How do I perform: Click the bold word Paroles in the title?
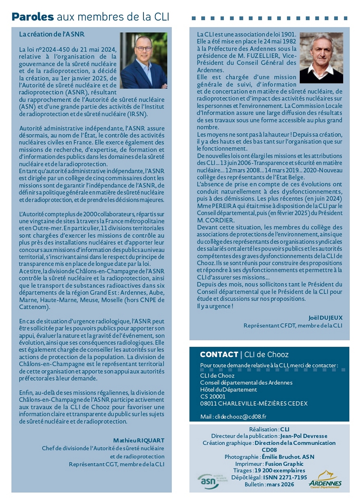pyautogui.click(x=33, y=17)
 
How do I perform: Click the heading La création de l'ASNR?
pyautogui.click(x=52, y=34)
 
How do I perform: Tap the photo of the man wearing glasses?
pyautogui.click(x=143, y=60)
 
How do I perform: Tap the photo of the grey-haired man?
pyautogui.click(x=321, y=57)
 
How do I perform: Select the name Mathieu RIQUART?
pyautogui.click(x=139, y=441)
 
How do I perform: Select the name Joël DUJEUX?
pyautogui.click(x=325, y=318)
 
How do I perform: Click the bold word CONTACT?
pyautogui.click(x=219, y=355)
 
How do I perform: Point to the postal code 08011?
pyautogui.click(x=208, y=404)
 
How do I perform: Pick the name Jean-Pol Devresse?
pyautogui.click(x=304, y=436)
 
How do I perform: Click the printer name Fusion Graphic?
pyautogui.click(x=284, y=464)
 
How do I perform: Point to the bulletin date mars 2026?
pyautogui.click(x=280, y=484)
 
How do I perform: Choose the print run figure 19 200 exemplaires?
pyautogui.click(x=280, y=471)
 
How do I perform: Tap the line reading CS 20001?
pyautogui.click(x=213, y=397)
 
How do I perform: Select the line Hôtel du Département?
pyautogui.click(x=228, y=390)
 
